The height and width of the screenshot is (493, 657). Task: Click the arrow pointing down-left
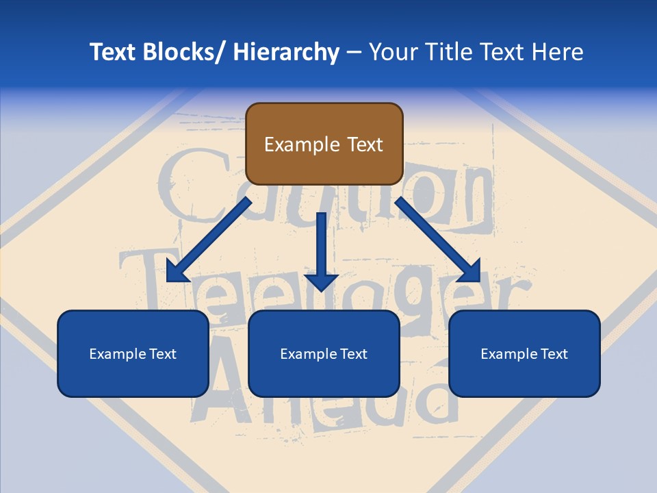209,240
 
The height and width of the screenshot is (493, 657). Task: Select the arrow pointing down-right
438,240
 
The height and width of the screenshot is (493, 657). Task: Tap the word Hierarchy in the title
286,52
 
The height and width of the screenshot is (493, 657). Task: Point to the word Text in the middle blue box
353,354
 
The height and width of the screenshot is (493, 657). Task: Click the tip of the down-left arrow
169,280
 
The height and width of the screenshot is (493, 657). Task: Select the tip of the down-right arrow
478,280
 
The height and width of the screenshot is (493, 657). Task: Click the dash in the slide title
354,52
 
